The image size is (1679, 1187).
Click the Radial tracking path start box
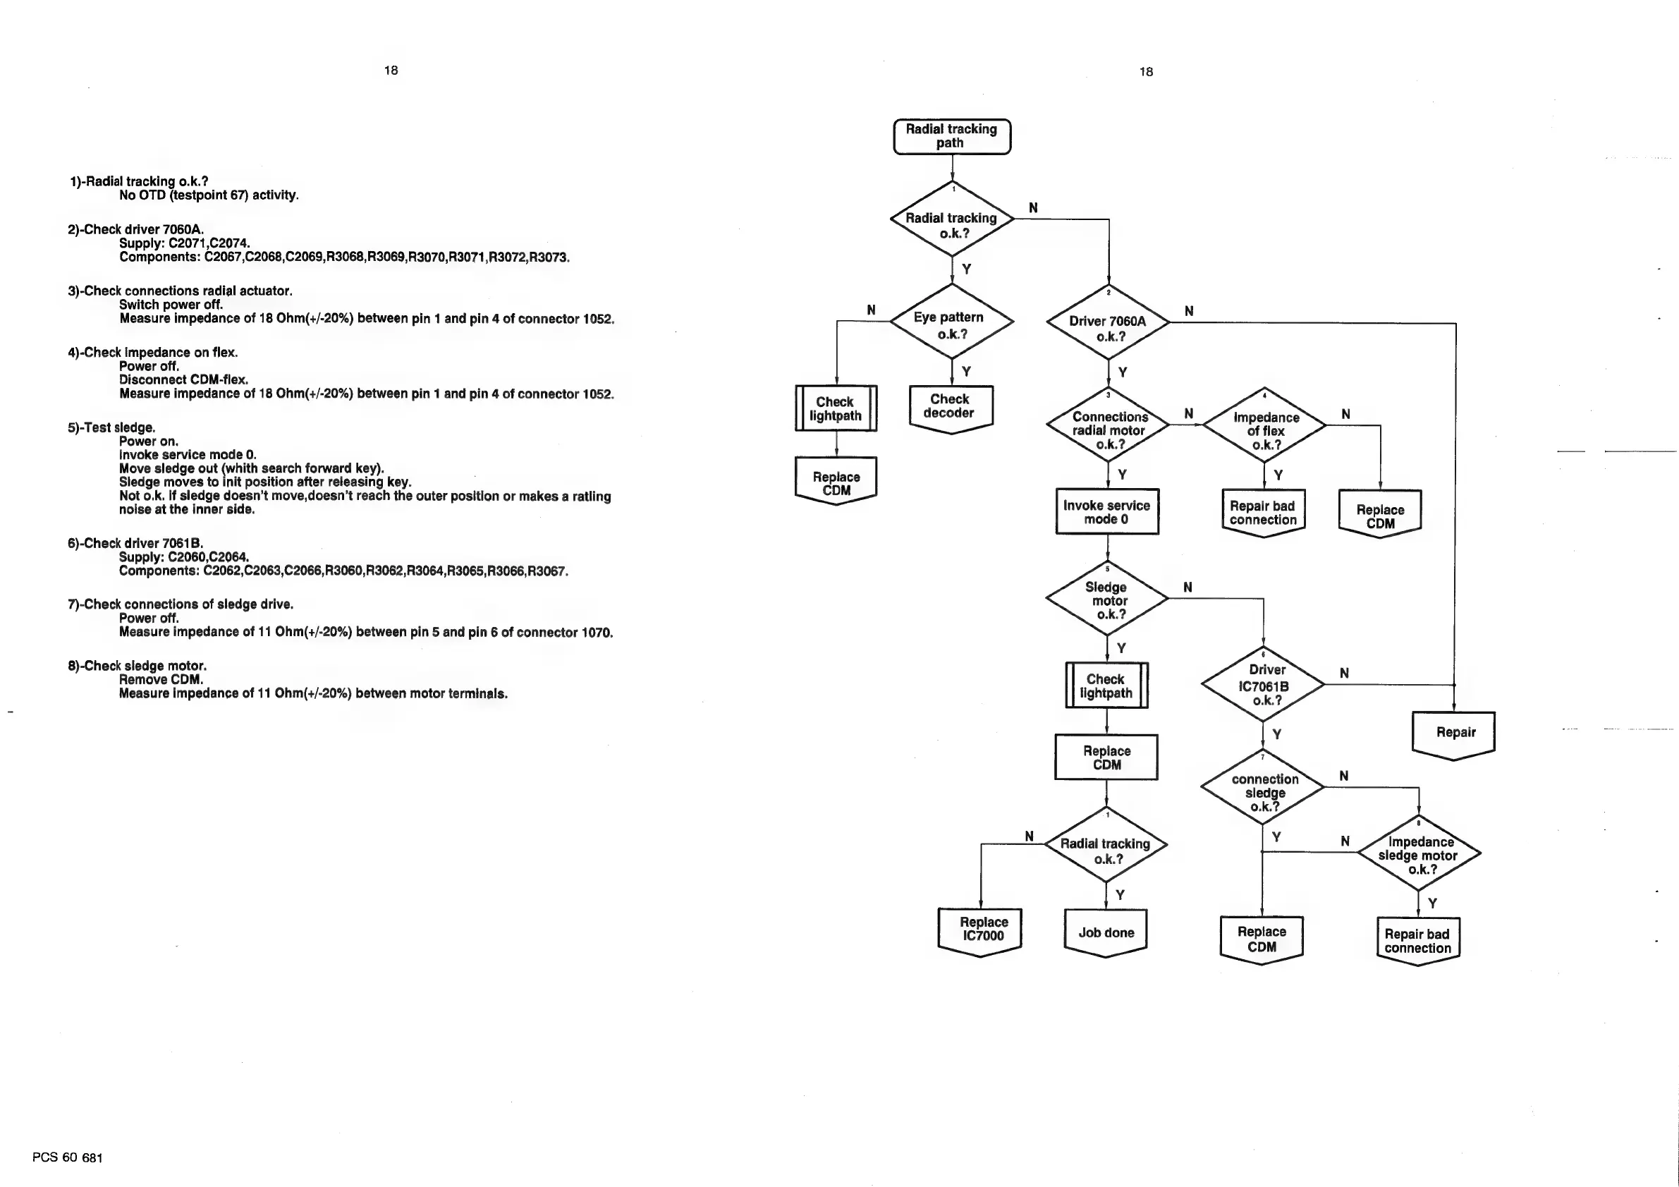coord(951,137)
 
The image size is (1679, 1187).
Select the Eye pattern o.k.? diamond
coord(951,322)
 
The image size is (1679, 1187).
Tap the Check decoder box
coord(950,408)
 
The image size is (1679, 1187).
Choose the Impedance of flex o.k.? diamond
coord(1264,427)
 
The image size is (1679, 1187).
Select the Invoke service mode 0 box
coord(1106,512)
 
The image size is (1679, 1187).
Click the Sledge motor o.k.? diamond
coord(1107,599)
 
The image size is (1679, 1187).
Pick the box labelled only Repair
coord(1454,733)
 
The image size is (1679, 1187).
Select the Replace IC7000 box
coord(981,930)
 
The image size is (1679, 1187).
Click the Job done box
coord(1106,932)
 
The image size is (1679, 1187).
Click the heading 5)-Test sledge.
coord(111,428)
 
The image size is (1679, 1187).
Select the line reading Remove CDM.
coord(161,680)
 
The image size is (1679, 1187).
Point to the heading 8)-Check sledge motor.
coord(137,666)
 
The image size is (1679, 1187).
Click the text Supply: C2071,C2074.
coord(184,243)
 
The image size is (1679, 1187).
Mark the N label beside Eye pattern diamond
coord(871,310)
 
